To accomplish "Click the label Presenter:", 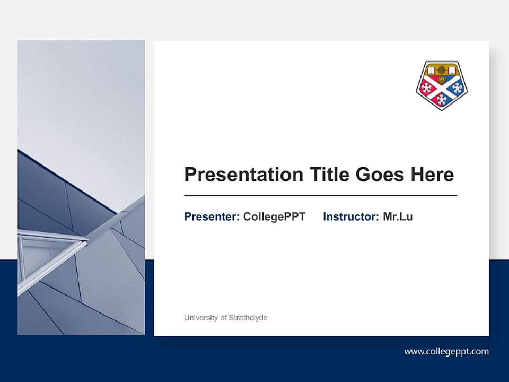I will coord(212,216).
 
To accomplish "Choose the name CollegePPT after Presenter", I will coord(274,216).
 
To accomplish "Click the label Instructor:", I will coord(350,216).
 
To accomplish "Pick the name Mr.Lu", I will coord(398,216).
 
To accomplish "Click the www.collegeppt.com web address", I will coord(446,351).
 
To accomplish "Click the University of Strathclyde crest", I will coord(442,85).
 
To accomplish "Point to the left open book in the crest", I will coord(433,70).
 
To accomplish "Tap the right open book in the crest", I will coord(451,70).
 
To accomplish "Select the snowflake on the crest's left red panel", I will coord(427,88).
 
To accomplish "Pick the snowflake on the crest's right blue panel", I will coord(457,88).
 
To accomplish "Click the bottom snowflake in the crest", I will coord(442,99).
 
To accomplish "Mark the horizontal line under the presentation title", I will coord(320,196).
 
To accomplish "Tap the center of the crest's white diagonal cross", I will coord(442,87).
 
